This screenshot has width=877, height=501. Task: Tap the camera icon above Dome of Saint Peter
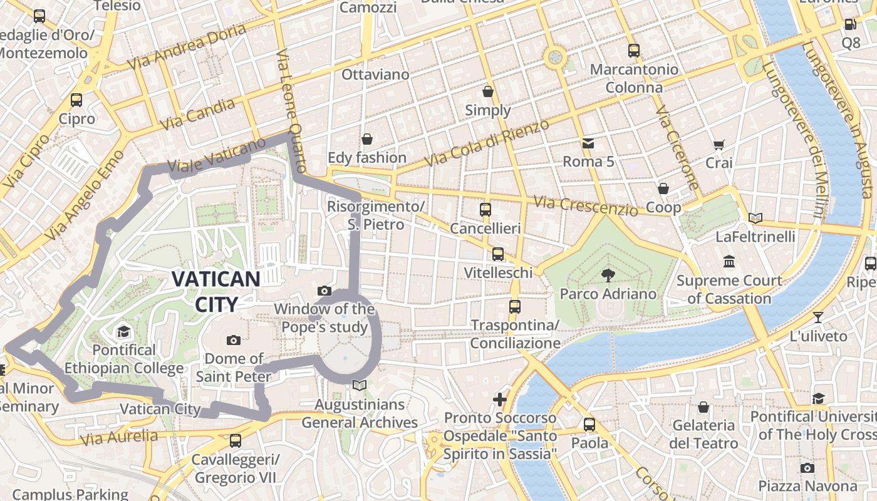click(234, 340)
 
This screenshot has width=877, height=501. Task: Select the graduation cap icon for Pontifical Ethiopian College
click(123, 331)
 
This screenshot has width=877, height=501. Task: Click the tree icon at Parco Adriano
click(607, 274)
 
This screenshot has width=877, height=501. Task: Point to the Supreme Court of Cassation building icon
click(729, 261)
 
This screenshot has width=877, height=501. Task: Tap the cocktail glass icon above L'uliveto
click(817, 317)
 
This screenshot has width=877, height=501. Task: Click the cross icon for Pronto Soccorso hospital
click(499, 399)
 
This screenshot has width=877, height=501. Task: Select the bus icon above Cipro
click(76, 100)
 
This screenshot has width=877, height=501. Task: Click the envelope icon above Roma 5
click(588, 143)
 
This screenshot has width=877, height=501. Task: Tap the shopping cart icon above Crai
click(719, 145)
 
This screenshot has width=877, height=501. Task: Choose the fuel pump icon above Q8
click(850, 24)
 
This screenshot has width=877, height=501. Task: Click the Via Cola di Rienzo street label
click(487, 143)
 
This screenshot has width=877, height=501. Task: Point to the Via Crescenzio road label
click(586, 205)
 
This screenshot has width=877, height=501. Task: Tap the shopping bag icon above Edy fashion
click(366, 138)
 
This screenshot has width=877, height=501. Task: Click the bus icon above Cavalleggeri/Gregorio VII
click(235, 441)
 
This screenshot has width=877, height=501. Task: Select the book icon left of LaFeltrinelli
click(755, 218)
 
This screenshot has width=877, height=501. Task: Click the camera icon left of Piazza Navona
click(807, 468)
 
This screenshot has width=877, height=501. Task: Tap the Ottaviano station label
click(375, 75)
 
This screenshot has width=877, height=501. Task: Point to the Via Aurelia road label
click(119, 437)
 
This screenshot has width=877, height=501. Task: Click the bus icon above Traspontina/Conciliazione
click(515, 307)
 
